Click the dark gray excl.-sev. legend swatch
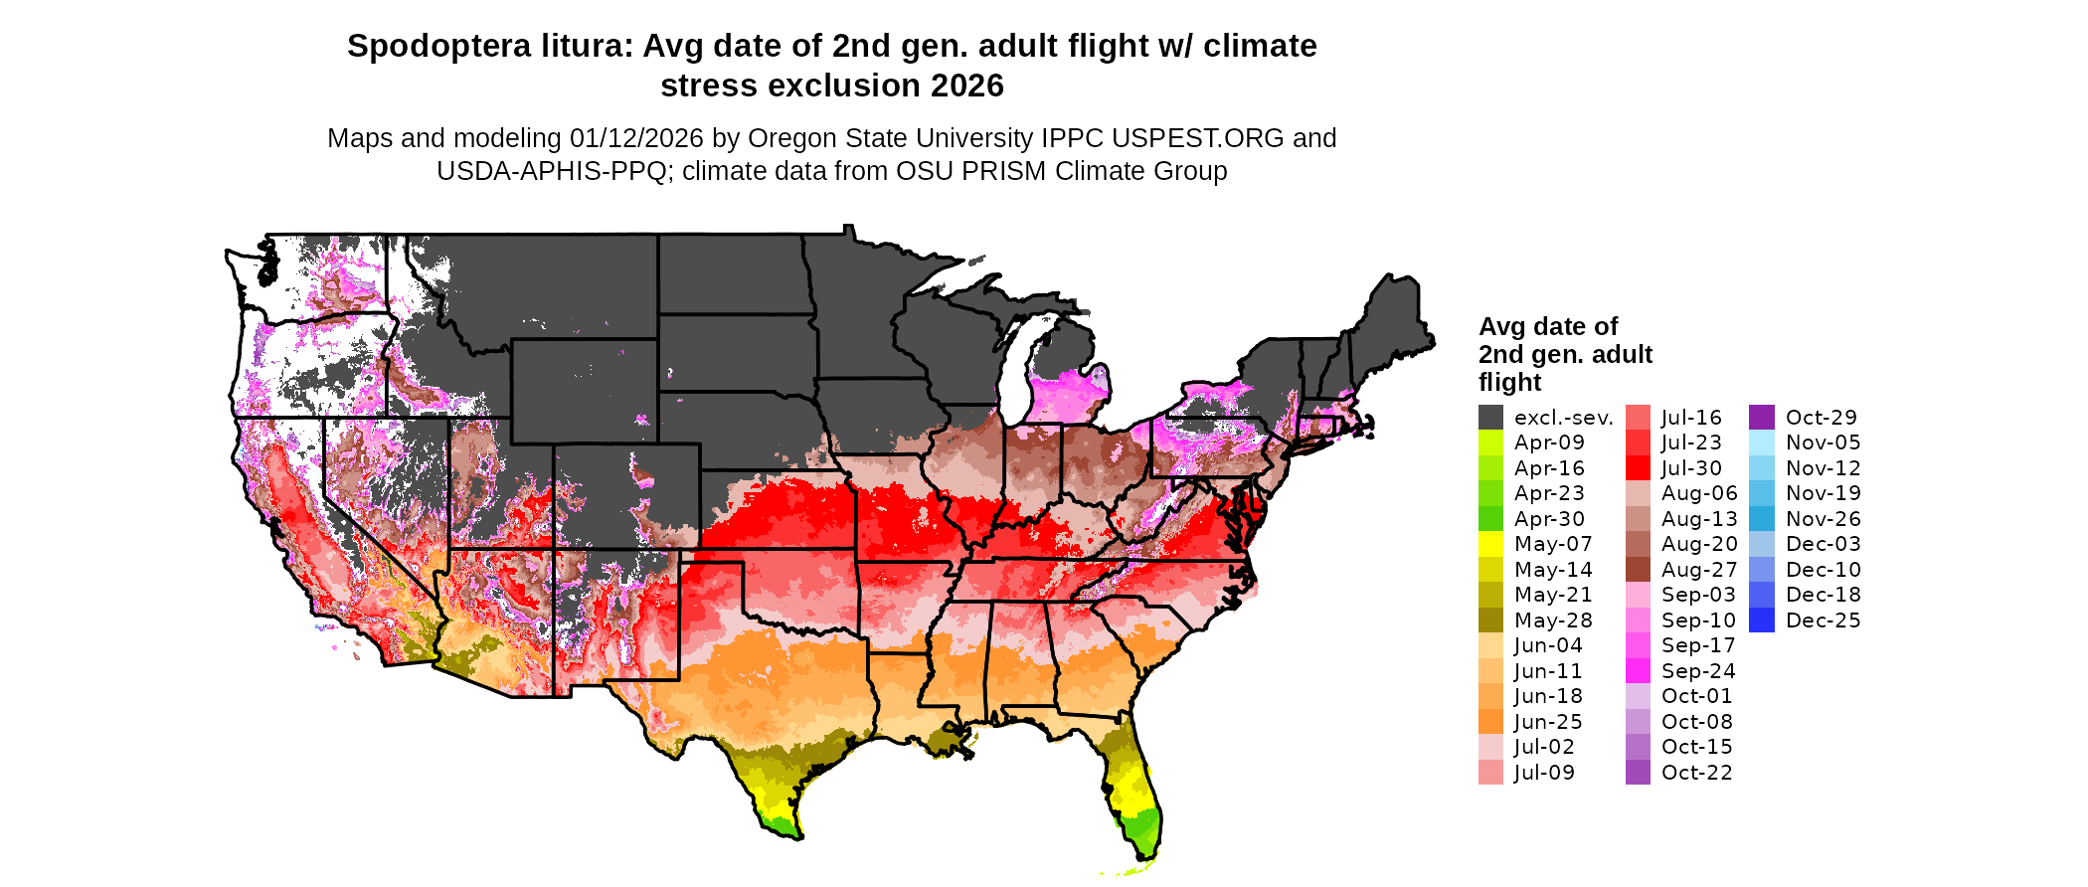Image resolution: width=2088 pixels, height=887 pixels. click(x=1490, y=418)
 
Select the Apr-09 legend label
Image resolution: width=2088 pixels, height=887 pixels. click(x=1549, y=443)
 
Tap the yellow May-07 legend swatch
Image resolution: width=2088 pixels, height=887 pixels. click(x=1490, y=544)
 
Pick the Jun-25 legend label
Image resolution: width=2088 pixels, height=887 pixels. click(x=1548, y=722)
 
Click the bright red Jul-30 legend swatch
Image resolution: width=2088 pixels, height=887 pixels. click(x=1638, y=468)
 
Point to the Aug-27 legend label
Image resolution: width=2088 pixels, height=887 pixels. click(x=1699, y=570)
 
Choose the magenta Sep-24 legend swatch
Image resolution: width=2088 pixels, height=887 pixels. click(x=1638, y=671)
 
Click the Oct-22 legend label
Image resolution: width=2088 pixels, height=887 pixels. click(x=1696, y=773)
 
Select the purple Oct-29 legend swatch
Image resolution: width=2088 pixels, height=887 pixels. click(x=1761, y=418)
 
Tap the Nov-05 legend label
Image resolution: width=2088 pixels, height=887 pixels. click(x=1823, y=443)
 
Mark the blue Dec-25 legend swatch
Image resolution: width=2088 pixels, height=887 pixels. click(x=1761, y=621)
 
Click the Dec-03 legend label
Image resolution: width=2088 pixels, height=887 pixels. click(x=1823, y=544)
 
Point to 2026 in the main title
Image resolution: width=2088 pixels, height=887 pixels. click(x=967, y=87)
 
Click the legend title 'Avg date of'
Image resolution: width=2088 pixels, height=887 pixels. click(x=1547, y=327)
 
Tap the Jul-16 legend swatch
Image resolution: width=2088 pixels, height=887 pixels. click(x=1638, y=418)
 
